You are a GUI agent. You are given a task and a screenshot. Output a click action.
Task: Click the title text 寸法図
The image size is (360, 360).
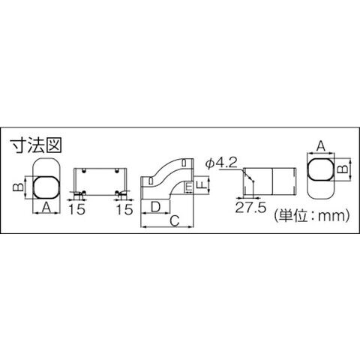36,145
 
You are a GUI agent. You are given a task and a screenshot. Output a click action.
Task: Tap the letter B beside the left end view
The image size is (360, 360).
18,187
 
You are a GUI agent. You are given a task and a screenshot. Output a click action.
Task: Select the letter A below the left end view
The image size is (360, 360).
46,207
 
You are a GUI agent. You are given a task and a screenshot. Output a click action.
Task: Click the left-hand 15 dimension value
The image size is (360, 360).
77,209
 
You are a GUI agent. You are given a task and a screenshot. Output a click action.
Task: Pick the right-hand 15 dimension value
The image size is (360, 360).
124,209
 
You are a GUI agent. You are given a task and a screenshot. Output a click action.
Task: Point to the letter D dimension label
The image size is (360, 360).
156,207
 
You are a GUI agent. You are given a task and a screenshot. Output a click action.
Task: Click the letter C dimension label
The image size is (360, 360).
175,221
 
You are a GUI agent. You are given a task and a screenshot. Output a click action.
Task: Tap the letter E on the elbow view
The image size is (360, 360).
190,187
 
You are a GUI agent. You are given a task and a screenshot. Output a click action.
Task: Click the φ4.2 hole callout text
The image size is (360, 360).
220,163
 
